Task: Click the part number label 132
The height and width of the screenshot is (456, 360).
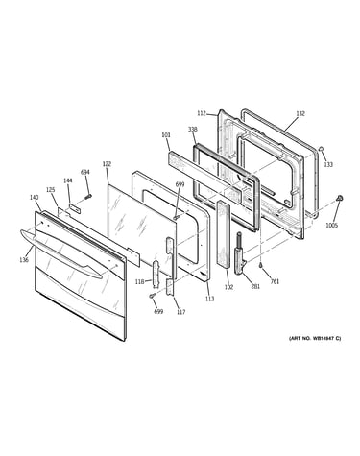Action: point(300,113)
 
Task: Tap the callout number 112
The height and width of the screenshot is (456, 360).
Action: point(201,113)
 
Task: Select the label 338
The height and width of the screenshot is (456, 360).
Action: point(193,130)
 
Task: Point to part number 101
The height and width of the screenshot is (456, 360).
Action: point(166,135)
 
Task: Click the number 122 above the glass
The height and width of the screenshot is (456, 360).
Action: point(107,164)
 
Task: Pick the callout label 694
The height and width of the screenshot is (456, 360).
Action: point(85,172)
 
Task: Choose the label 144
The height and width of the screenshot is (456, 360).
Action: point(68,180)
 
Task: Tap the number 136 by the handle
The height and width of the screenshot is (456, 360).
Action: point(24,260)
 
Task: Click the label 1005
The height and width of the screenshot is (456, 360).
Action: point(332,226)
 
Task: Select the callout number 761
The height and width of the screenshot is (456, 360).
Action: point(275,281)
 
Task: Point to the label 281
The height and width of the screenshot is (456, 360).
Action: point(255,287)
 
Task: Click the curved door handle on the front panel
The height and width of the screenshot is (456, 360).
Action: point(60,252)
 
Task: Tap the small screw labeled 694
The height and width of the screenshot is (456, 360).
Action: point(88,196)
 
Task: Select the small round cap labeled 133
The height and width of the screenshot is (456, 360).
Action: point(322,149)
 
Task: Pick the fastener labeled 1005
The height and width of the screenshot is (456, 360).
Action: point(339,199)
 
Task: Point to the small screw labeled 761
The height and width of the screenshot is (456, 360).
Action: point(261,264)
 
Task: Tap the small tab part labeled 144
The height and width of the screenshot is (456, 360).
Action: point(76,208)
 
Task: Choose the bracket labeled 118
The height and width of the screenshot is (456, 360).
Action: point(156,273)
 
